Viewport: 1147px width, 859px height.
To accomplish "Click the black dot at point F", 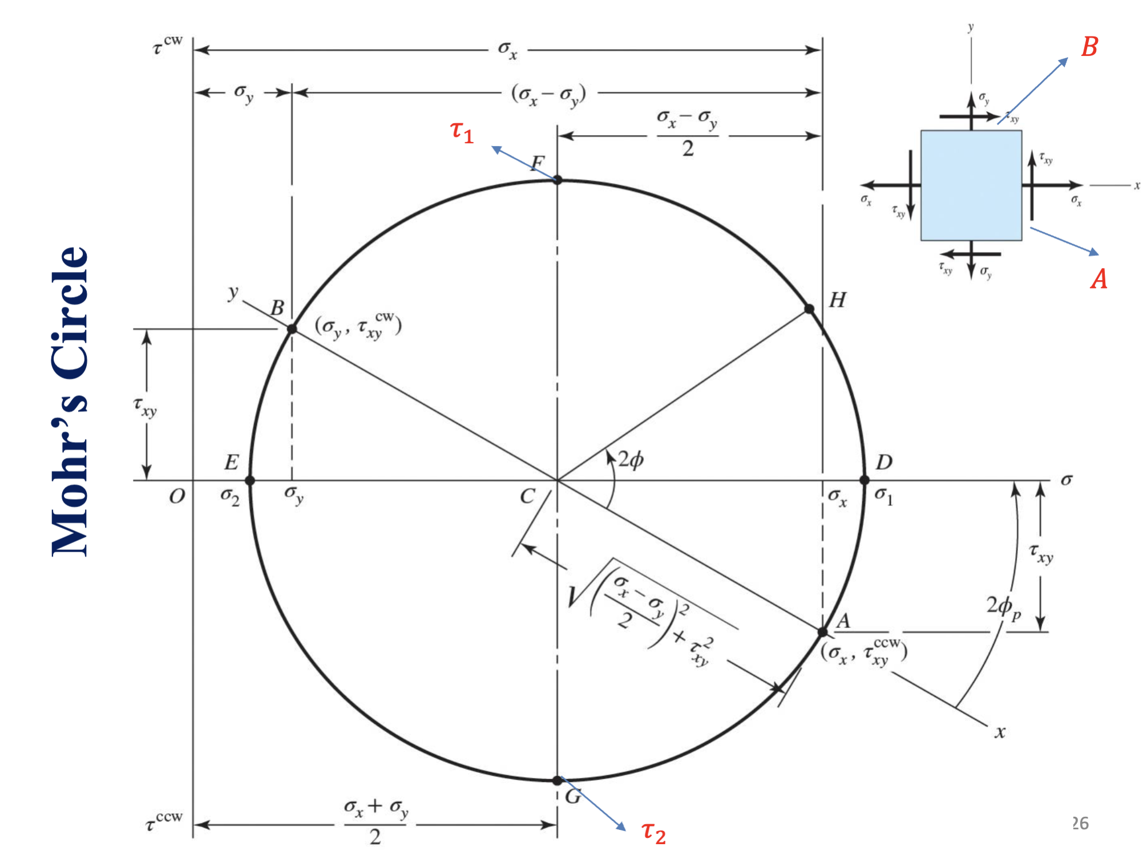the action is coord(558,180).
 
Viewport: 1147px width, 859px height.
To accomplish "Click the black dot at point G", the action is coord(558,780).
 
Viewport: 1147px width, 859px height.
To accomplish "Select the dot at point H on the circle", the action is coord(809,309).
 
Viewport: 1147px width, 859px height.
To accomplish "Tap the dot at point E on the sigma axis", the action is coord(250,481).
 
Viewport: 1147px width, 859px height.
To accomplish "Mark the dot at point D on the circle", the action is coord(865,480).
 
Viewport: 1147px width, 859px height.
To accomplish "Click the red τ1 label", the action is coord(462,132).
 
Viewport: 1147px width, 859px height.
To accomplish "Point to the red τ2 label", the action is coord(653,832).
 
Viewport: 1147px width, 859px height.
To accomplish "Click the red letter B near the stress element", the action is coord(1089,47).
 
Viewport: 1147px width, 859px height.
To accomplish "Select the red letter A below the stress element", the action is coord(1099,279).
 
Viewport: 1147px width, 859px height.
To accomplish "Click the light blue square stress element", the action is coord(971,185).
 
